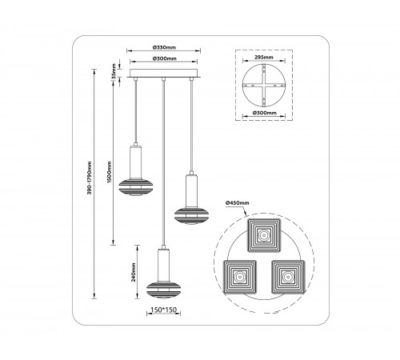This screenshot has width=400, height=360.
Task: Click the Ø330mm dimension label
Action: (164, 47)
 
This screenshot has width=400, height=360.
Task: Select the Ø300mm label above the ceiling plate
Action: (164, 58)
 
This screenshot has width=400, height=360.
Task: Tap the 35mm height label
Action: (114, 71)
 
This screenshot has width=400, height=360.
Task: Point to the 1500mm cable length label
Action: (109, 172)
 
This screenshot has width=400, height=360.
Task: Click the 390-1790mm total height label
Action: (90, 178)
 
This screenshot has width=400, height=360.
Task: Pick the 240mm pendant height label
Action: (134, 272)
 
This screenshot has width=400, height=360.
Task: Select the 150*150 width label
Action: (164, 310)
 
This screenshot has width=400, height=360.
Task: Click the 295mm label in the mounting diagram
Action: (264, 57)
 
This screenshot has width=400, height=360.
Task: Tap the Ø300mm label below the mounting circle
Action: (265, 113)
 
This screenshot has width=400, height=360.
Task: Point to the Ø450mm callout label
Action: (238, 203)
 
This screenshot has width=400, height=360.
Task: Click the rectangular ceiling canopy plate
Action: (164, 74)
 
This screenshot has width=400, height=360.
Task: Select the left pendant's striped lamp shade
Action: (136, 187)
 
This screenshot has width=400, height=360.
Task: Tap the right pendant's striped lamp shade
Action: (191, 216)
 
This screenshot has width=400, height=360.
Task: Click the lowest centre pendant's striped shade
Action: (163, 290)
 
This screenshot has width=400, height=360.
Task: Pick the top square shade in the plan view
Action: (264, 235)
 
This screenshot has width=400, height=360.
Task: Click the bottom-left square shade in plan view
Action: (240, 277)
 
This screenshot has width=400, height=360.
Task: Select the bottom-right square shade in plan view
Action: (288, 277)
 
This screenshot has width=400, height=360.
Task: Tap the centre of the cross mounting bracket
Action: (264, 86)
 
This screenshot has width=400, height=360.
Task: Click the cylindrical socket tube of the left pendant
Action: (136, 162)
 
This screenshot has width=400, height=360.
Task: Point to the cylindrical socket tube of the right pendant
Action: (191, 191)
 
